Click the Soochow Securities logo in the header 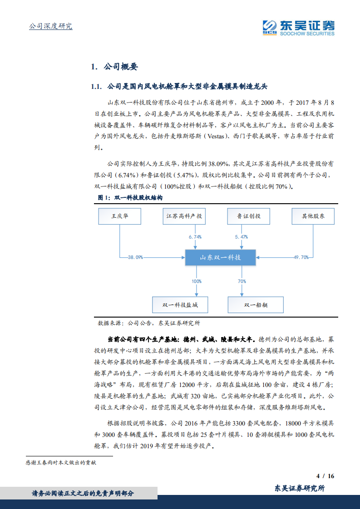pyautogui.click(x=298, y=27)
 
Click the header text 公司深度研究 pyautogui.click(x=50, y=26)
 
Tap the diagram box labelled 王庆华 pyautogui.click(x=120, y=216)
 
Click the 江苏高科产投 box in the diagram pyautogui.click(x=184, y=216)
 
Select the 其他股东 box pyautogui.click(x=313, y=216)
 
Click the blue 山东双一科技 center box pyautogui.click(x=221, y=258)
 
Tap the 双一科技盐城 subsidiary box pyautogui.click(x=180, y=304)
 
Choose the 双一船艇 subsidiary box pyautogui.click(x=256, y=304)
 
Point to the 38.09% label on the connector pyautogui.click(x=135, y=257)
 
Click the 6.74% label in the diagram pyautogui.click(x=195, y=237)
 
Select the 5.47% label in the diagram pyautogui.click(x=242, y=237)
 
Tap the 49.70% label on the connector pyautogui.click(x=301, y=257)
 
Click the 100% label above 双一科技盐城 pyautogui.click(x=196, y=281)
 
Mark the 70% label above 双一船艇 pyautogui.click(x=242, y=281)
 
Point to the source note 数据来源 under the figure pyautogui.click(x=149, y=323)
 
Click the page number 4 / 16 pyautogui.click(x=325, y=476)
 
